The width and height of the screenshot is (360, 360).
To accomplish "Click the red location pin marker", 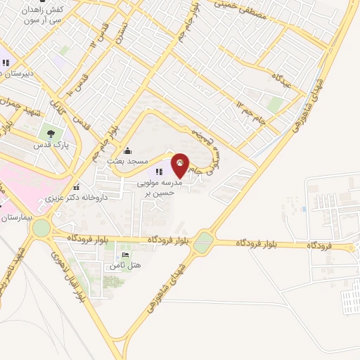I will click(181, 165).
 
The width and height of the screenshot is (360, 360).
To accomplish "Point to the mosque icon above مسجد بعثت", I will click(127, 150).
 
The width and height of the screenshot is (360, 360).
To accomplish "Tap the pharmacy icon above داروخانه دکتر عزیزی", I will click(75, 186).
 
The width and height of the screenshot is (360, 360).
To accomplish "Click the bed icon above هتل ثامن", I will click(125, 255).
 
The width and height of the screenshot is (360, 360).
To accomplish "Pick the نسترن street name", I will click(122, 32).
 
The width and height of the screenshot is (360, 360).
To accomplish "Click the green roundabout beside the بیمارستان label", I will click(41, 228).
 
